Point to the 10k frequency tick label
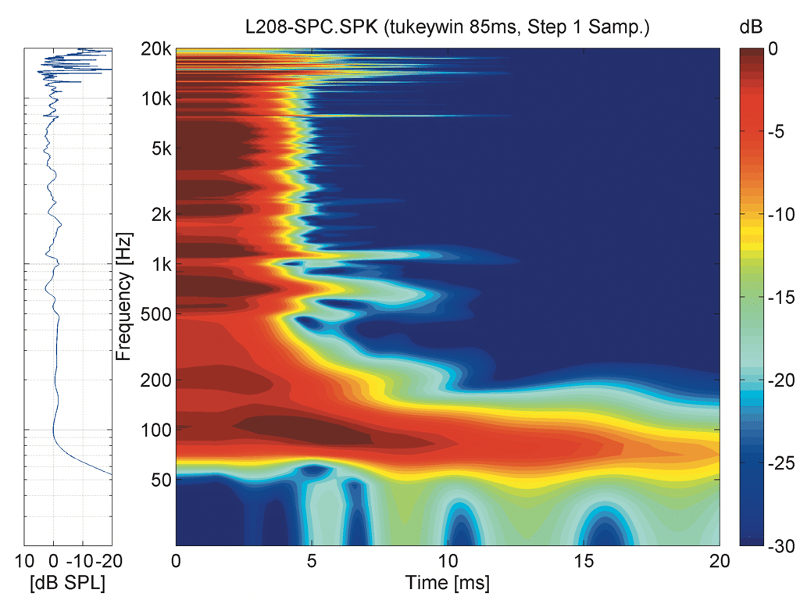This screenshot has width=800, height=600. click(x=157, y=99)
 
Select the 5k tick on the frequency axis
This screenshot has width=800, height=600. click(x=160, y=148)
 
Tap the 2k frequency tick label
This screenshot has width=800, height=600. click(x=160, y=214)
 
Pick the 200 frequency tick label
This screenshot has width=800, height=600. click(x=156, y=380)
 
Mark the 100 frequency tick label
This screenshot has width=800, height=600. click(x=156, y=430)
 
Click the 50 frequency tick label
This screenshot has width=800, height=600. click(x=160, y=480)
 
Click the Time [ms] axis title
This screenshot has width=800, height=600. click(x=447, y=583)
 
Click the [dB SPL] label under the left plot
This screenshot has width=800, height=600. click(x=67, y=583)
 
